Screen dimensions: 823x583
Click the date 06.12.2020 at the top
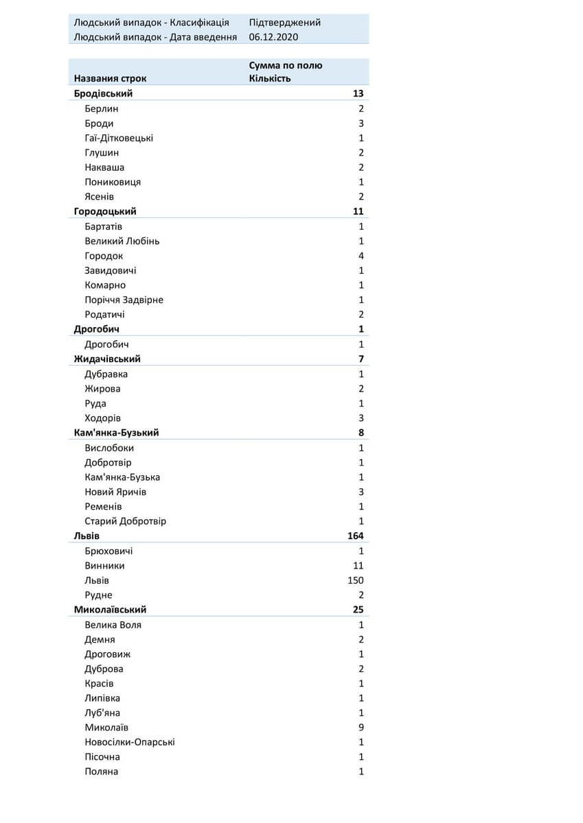pos(274,37)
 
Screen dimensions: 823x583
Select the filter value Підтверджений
pos(284,22)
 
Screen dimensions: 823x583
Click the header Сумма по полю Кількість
pos(286,71)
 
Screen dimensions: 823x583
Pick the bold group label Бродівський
pos(103,93)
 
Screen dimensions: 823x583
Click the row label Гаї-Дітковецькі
pos(119,138)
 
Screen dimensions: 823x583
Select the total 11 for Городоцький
pos(358,211)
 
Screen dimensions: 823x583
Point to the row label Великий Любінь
pos(122,241)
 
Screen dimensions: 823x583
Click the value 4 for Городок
pos(361,256)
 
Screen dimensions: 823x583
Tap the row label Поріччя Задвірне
pos(124,300)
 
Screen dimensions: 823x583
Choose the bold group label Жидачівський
pos(107,359)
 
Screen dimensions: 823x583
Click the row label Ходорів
pos(103,418)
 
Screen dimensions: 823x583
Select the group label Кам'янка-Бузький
pos(116,433)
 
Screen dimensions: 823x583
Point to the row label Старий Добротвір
pos(125,521)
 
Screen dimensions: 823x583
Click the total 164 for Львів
pos(355,536)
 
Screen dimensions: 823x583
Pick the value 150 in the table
pos(355,580)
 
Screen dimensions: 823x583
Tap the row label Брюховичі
pos(108,551)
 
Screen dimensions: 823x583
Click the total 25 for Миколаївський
pos(358,609)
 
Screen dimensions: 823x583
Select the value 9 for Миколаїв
pos(361,727)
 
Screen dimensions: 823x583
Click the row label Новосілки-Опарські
pos(130,742)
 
